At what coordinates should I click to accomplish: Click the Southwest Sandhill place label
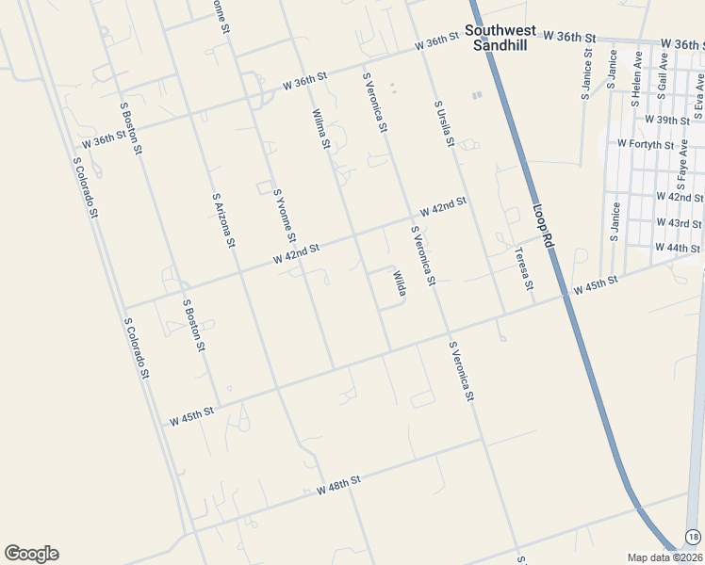(x=500, y=37)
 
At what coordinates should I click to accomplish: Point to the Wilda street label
(x=400, y=283)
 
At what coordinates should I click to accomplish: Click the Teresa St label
(x=524, y=268)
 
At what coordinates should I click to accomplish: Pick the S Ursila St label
(x=444, y=124)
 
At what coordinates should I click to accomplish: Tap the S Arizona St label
(x=223, y=219)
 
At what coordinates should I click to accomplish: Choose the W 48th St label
(x=339, y=485)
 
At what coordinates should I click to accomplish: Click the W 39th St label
(x=667, y=120)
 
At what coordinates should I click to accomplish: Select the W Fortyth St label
(x=646, y=144)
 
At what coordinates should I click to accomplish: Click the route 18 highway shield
(x=694, y=536)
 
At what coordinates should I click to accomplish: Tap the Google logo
(x=31, y=554)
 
